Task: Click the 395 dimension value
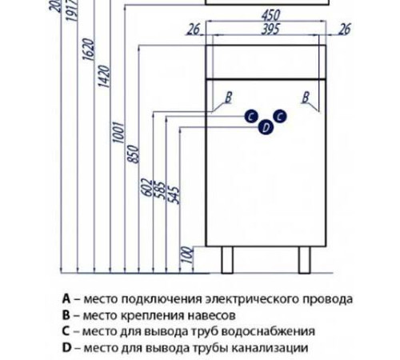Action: [268, 29]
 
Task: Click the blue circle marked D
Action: [265, 126]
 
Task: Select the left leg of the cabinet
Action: [227, 258]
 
